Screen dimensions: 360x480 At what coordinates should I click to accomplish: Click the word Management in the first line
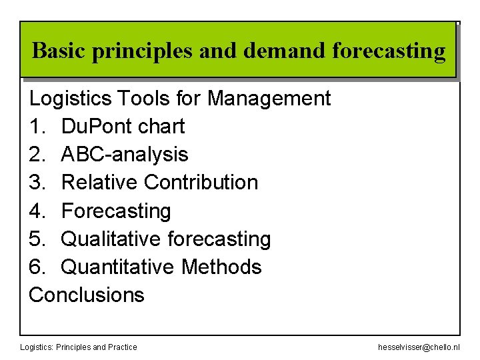(269, 99)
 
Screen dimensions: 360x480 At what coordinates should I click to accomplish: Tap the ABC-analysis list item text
(125, 155)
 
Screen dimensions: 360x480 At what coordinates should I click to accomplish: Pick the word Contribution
(201, 183)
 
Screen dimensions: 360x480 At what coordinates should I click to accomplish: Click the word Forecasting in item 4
(116, 211)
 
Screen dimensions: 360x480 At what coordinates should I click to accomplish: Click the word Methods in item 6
(221, 267)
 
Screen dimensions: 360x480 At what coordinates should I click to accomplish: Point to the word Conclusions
(87, 295)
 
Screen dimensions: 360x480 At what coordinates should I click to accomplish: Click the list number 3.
(37, 183)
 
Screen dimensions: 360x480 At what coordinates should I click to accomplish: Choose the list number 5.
(37, 239)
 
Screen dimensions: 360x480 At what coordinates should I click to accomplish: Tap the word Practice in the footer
(122, 347)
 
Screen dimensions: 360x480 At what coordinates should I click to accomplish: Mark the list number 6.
(37, 267)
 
